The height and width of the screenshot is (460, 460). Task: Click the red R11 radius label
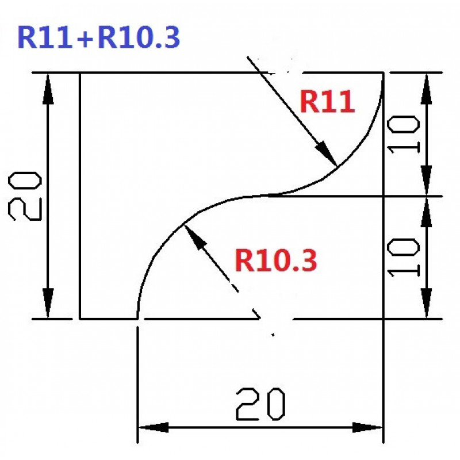point(327,103)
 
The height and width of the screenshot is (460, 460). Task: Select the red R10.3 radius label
point(275,261)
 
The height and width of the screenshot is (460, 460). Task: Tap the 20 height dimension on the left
point(26,195)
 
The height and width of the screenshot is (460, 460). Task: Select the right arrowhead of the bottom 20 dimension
point(382,428)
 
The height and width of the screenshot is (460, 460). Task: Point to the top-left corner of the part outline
point(79,73)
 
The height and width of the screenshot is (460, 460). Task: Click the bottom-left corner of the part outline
point(79,318)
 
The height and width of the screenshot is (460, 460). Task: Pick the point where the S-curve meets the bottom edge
point(137,318)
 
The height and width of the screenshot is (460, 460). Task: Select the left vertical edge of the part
point(79,195)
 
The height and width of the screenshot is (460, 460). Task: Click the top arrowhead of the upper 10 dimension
point(426,75)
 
